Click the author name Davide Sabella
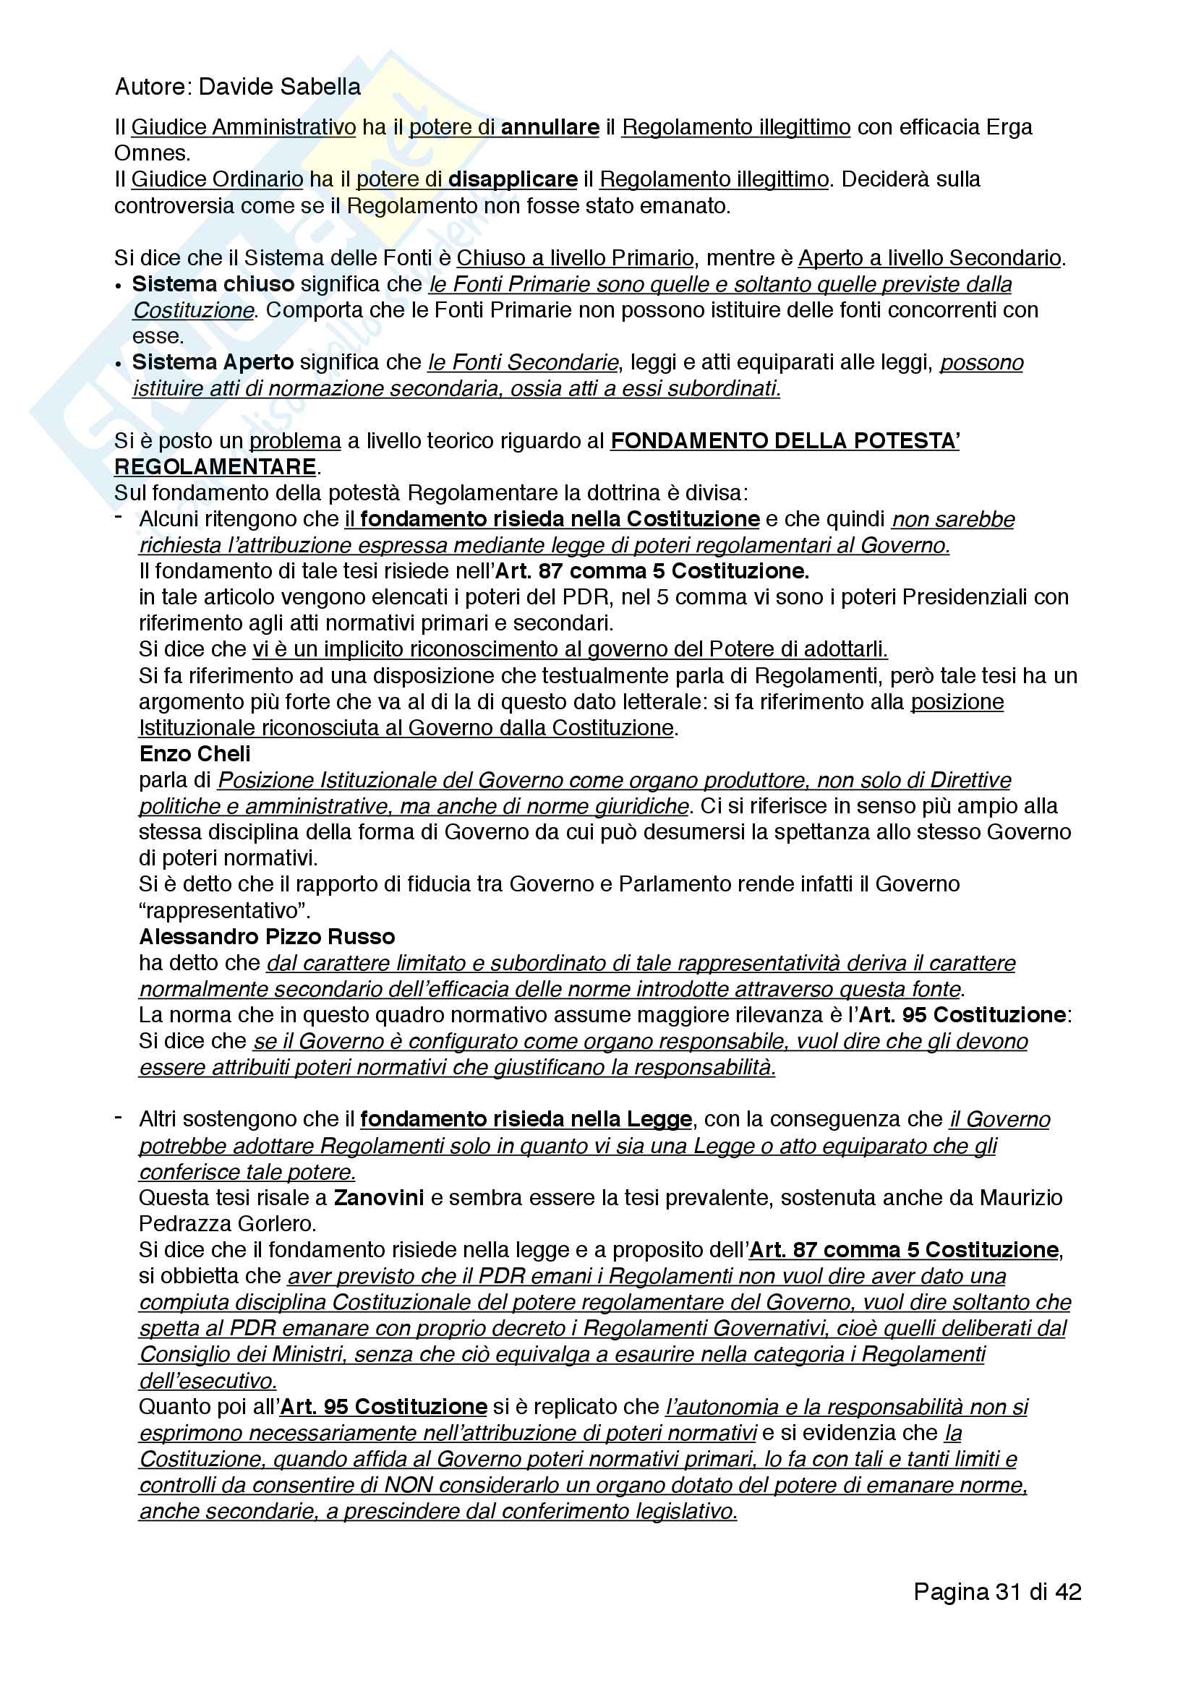click(279, 87)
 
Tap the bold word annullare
click(550, 127)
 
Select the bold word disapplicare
click(513, 179)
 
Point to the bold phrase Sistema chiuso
click(213, 284)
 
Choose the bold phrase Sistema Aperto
click(213, 362)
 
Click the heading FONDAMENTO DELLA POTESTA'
click(785, 441)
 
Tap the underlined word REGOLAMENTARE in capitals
click(215, 467)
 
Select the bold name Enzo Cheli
click(195, 754)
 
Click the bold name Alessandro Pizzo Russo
click(267, 937)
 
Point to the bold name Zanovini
click(378, 1197)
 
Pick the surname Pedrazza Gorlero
click(228, 1223)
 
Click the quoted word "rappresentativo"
click(225, 911)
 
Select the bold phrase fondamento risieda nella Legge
click(526, 1119)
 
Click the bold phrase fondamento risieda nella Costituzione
click(560, 519)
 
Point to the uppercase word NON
click(409, 1486)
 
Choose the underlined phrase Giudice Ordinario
click(217, 179)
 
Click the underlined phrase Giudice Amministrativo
click(244, 127)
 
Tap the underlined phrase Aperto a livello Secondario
click(929, 258)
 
